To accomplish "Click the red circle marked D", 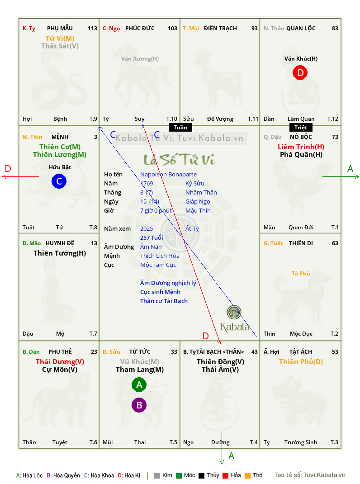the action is tap(300, 72).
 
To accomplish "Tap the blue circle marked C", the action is tap(59, 181).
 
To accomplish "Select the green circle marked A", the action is tap(139, 384).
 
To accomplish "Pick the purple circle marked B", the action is tap(139, 405).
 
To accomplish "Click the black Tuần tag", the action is tap(180, 128).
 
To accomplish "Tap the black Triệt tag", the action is tap(301, 128).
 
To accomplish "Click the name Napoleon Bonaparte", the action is tap(168, 175).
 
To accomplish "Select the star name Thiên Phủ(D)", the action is tap(301, 362).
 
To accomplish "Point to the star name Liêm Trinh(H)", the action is tap(301, 147).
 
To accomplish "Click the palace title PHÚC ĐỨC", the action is tap(140, 28).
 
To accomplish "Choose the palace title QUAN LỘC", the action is tap(301, 28).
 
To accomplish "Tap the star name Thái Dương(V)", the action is tap(60, 362).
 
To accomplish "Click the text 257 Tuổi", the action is tap(152, 237).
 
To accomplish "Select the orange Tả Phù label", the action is tap(301, 274).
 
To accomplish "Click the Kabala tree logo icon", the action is tap(234, 312).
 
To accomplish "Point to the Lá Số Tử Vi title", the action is tap(180, 159).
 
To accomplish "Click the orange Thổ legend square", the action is tap(248, 475).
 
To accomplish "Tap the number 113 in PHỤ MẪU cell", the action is tap(92, 28).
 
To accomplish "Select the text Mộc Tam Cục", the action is tap(158, 265).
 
